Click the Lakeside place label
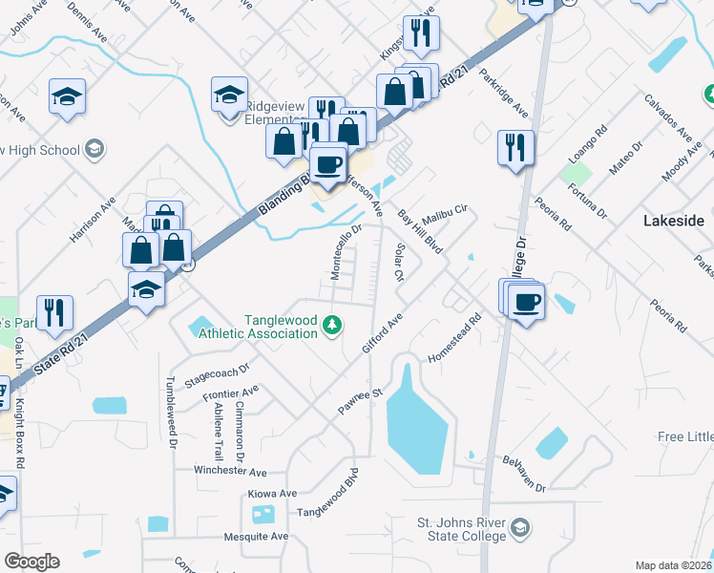click(x=673, y=221)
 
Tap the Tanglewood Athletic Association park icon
click(x=331, y=327)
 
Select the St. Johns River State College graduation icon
click(x=520, y=528)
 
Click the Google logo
click(x=31, y=562)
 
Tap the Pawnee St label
click(x=360, y=402)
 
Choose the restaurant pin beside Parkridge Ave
click(x=515, y=148)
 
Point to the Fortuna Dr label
click(x=588, y=200)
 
